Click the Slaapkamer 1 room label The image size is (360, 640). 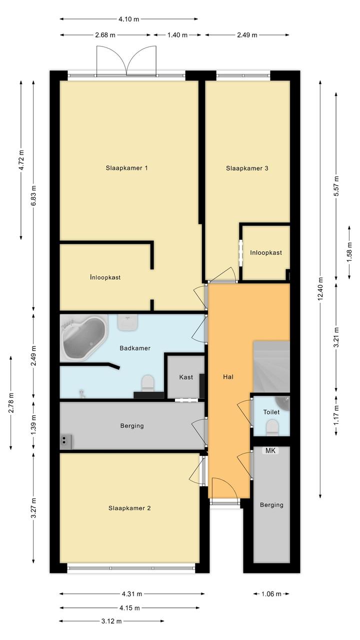(127, 168)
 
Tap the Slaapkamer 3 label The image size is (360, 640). (247, 168)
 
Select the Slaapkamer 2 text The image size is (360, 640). (129, 508)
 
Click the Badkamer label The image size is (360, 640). (135, 348)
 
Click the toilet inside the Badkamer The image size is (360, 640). (148, 383)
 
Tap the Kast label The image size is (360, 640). (186, 377)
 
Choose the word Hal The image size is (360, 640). (228, 377)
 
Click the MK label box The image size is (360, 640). (270, 450)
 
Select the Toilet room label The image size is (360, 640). (271, 412)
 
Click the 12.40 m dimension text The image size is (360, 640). (320, 289)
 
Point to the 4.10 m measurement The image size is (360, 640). (129, 19)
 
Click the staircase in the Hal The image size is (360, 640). (271, 367)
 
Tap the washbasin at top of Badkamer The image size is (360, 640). (127, 323)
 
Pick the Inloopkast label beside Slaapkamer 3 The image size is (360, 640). (266, 253)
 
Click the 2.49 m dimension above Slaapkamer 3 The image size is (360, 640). (247, 35)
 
